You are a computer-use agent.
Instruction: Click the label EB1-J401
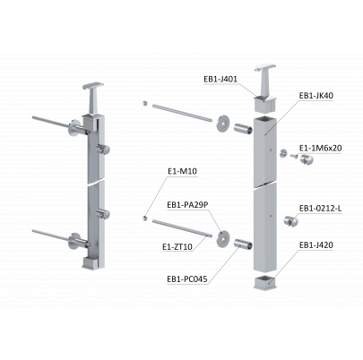220,80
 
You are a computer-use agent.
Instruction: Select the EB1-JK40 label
316,96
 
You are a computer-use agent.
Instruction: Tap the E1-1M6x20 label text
321,148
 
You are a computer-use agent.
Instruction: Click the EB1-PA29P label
187,205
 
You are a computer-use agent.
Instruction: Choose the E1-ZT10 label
177,246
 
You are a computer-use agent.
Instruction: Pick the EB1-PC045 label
187,279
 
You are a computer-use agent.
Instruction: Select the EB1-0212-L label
321,209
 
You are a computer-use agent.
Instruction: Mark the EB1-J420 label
316,245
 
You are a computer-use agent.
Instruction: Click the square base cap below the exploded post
265,282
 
